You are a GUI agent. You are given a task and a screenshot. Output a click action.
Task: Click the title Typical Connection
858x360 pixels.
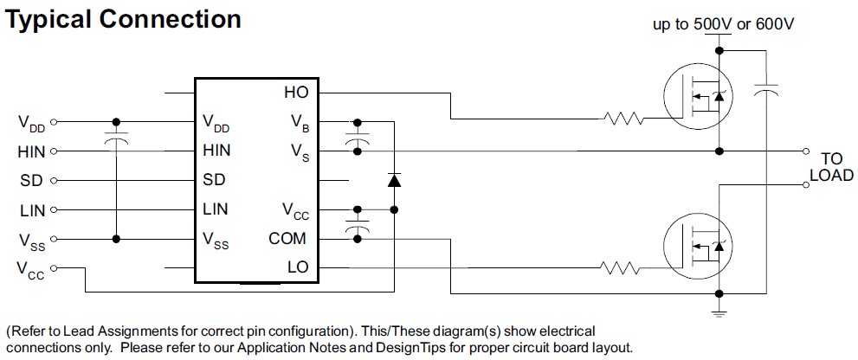tap(124, 19)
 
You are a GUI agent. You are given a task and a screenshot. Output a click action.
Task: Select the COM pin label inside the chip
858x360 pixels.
tap(288, 239)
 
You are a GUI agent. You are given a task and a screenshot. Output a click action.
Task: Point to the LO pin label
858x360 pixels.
tap(297, 268)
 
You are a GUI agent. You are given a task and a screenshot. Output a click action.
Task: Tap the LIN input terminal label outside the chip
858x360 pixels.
tap(32, 210)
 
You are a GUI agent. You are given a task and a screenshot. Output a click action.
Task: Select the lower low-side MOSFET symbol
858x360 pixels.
tap(698, 249)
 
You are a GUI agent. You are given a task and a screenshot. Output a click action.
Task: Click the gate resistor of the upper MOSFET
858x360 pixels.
tap(623, 119)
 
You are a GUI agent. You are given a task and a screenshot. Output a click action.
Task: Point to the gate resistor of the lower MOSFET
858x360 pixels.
tap(623, 268)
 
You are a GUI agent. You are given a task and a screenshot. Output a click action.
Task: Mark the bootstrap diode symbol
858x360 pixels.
tap(394, 181)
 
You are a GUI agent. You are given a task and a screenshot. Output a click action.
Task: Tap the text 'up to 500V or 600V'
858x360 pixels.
tap(723, 24)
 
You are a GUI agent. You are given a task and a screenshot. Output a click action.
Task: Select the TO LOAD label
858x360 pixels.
tap(831, 167)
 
